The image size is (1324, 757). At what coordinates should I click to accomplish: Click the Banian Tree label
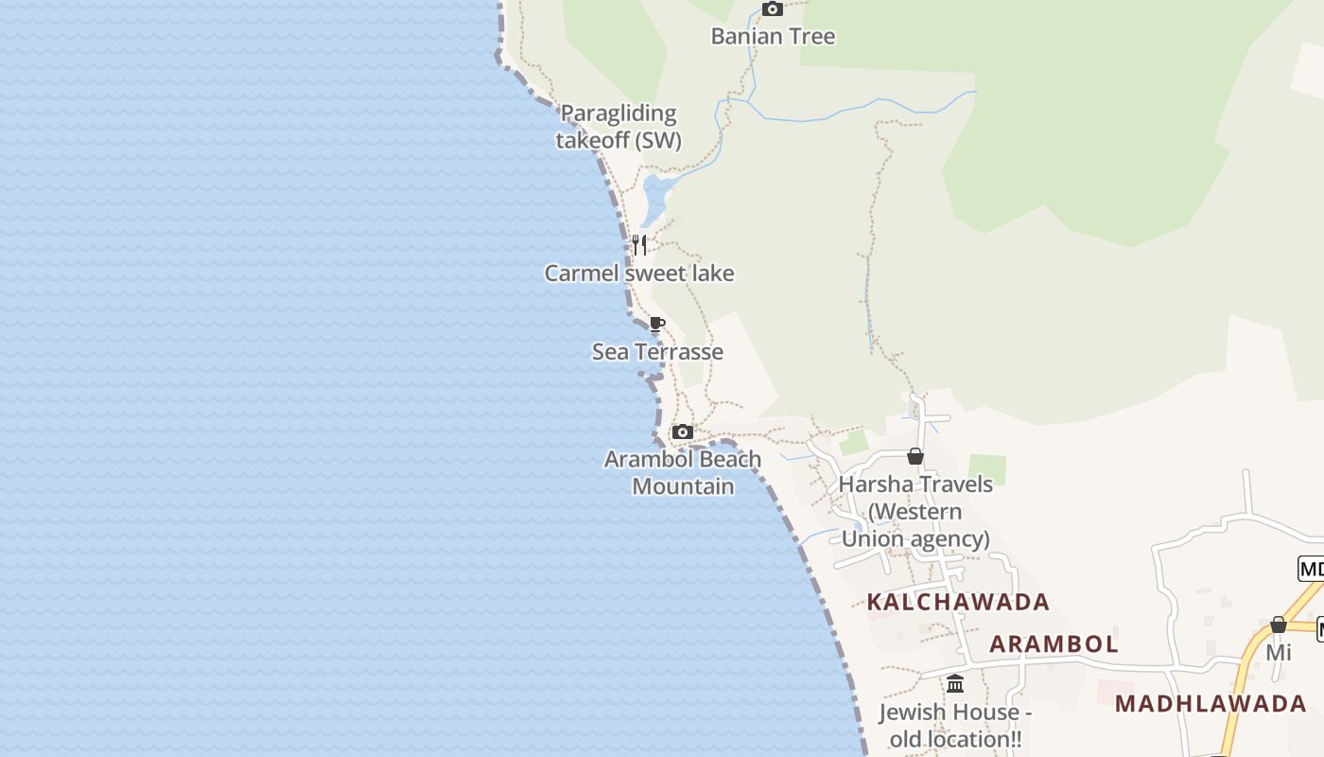click(x=773, y=37)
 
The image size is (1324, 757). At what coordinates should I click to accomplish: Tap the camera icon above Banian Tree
click(x=773, y=9)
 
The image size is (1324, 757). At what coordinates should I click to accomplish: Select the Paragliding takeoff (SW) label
click(x=618, y=127)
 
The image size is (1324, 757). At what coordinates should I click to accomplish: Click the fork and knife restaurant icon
click(x=639, y=245)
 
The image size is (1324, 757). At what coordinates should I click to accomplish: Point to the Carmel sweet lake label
click(x=639, y=273)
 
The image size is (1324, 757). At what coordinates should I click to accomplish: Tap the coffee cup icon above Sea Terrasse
click(x=657, y=324)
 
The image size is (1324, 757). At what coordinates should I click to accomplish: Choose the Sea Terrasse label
click(x=657, y=352)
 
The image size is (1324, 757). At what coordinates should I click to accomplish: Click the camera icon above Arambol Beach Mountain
click(x=682, y=432)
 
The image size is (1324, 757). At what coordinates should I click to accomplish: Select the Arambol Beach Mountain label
click(x=683, y=472)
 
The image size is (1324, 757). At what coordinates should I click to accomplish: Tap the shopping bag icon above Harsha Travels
click(x=915, y=456)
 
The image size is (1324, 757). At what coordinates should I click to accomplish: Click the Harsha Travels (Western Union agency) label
click(x=915, y=511)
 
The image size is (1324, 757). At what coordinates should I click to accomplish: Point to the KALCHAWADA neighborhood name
click(x=958, y=602)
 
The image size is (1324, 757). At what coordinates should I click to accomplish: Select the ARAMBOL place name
click(x=1054, y=644)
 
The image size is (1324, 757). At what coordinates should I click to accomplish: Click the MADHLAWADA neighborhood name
click(x=1211, y=704)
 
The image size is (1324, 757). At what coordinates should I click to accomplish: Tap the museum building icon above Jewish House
click(x=955, y=683)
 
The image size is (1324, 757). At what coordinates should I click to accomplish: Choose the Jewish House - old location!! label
click(x=955, y=725)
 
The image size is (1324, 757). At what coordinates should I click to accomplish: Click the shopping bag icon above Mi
click(x=1279, y=625)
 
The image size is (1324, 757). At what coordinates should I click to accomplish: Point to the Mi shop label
click(x=1279, y=653)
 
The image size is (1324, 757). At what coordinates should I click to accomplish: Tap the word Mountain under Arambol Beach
click(x=683, y=486)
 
